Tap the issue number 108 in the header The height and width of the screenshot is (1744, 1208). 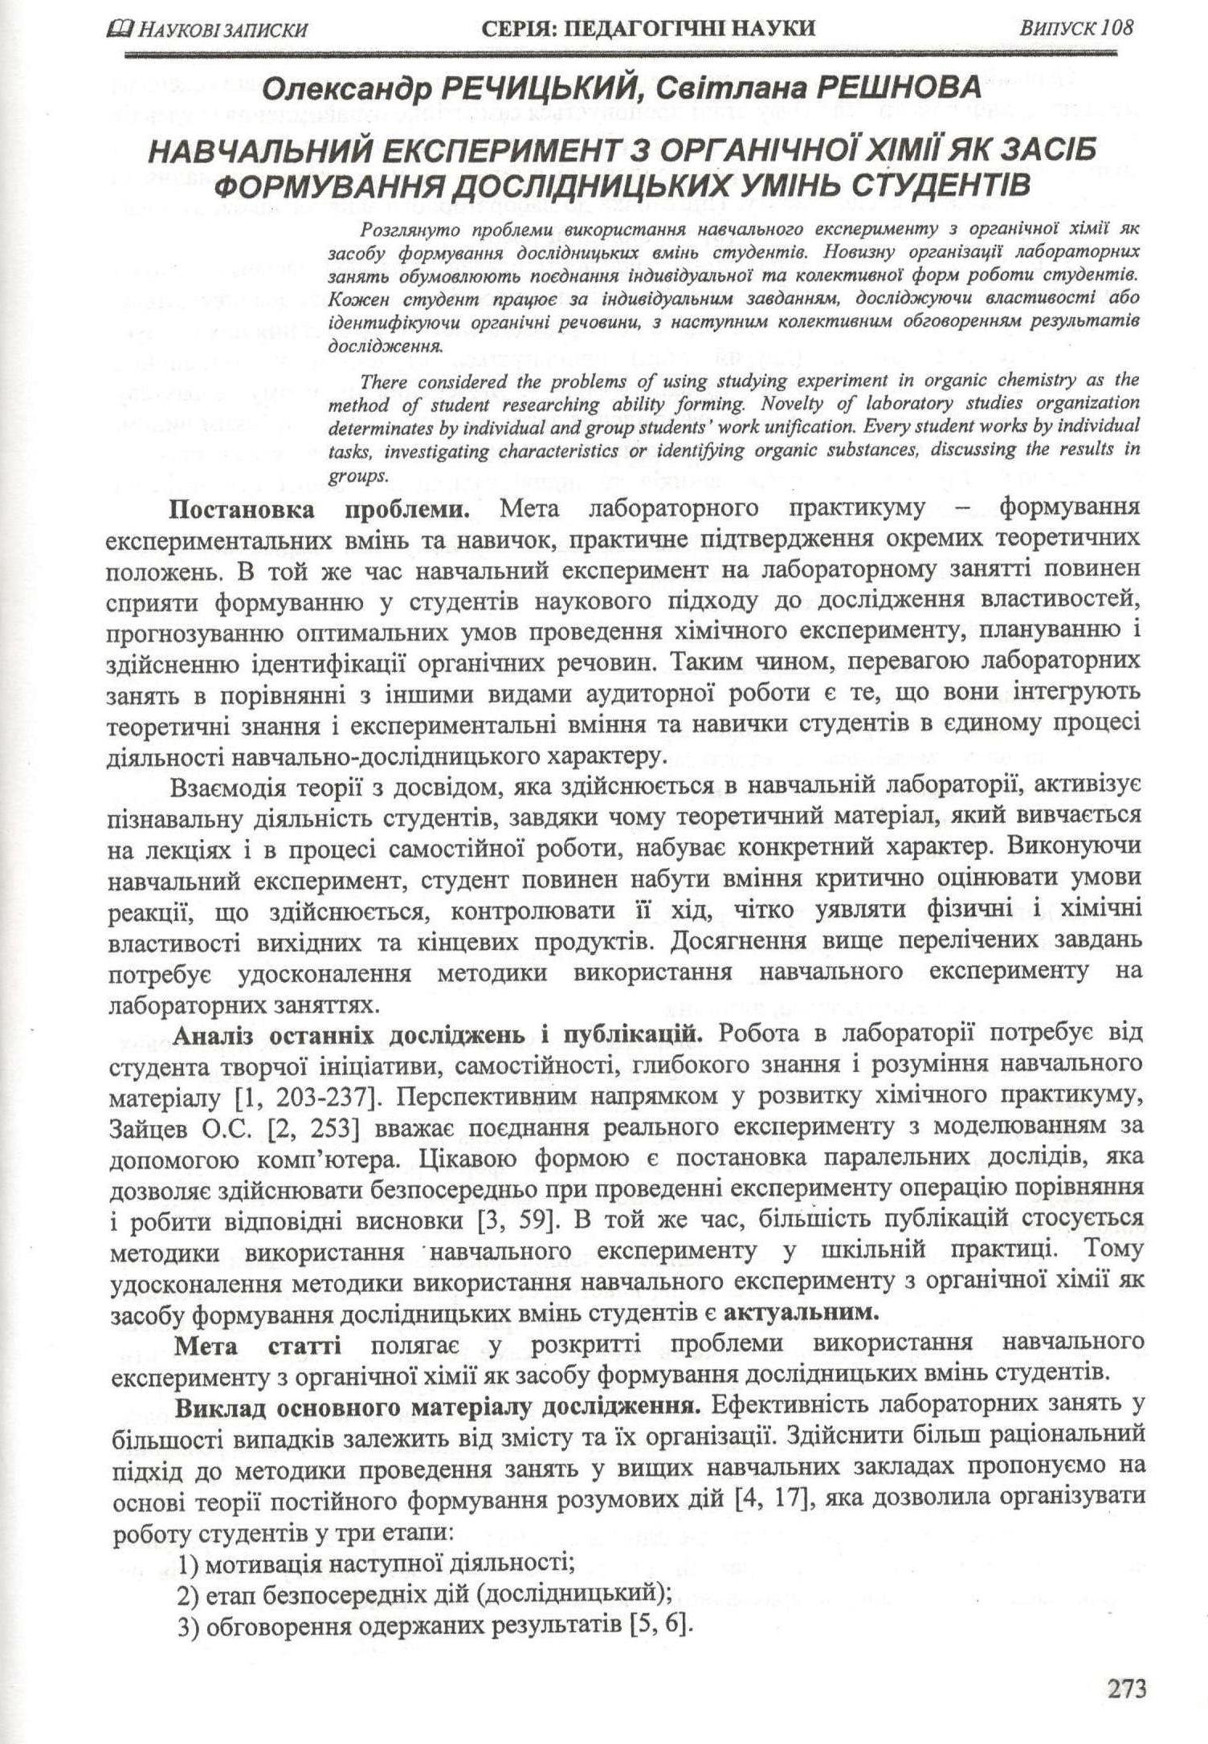pyautogui.click(x=1118, y=28)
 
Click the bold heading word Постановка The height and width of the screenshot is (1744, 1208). pyautogui.click(x=239, y=508)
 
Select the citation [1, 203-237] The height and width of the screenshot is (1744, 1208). pyautogui.click(x=282, y=1097)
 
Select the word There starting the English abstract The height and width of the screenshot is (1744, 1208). pyautogui.click(x=391, y=381)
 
